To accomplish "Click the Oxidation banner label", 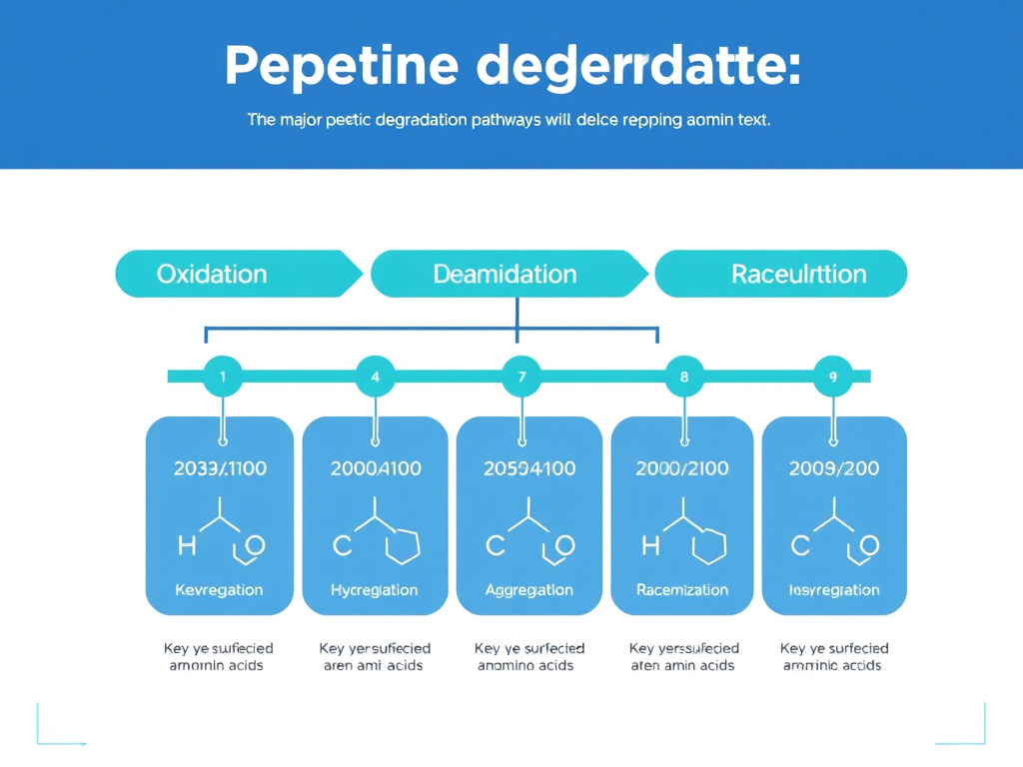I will click(x=212, y=274).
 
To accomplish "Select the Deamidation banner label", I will click(x=505, y=274).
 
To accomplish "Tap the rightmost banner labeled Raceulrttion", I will click(x=798, y=274).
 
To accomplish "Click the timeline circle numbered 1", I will click(x=222, y=378).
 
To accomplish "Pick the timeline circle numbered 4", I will click(x=375, y=378).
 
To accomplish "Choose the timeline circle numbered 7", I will click(x=520, y=378).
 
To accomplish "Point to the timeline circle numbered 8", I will click(x=684, y=378).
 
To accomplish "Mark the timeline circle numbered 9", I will click(x=833, y=378).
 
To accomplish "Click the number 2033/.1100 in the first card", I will click(x=220, y=468).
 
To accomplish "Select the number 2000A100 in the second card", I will click(x=375, y=468).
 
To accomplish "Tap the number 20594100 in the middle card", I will click(x=528, y=468).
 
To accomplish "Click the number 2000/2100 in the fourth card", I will click(x=682, y=468).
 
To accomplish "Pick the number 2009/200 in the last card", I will click(x=834, y=468).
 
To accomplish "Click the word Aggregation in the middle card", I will click(x=528, y=590).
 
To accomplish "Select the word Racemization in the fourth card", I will click(x=682, y=590).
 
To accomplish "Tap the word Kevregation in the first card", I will click(x=219, y=590).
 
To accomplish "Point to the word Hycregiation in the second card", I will click(x=375, y=590).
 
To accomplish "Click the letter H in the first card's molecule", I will click(x=187, y=545).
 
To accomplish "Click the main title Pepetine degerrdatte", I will click(x=511, y=67).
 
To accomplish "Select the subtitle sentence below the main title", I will click(x=509, y=120).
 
